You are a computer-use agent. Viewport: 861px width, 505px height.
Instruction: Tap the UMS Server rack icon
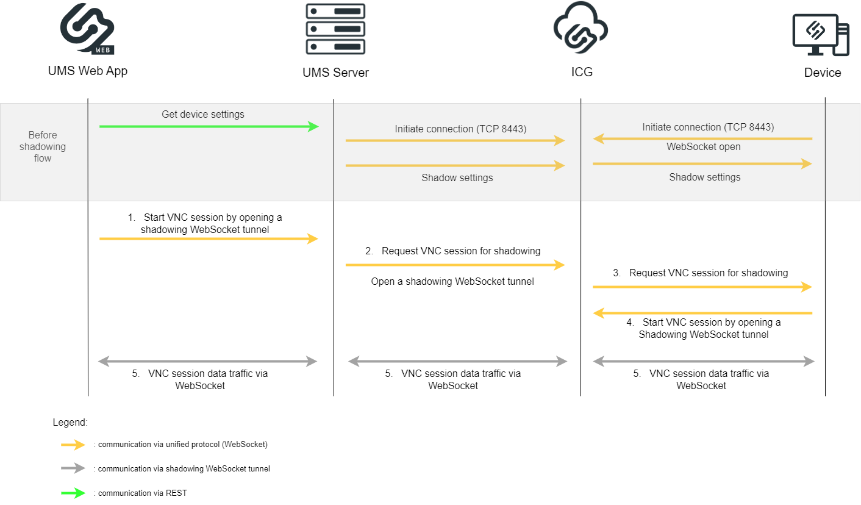(335, 29)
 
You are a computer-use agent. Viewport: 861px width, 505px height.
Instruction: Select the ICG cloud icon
(580, 29)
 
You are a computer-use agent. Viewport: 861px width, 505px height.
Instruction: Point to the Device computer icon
(821, 34)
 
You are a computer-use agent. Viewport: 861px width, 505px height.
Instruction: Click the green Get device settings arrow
(209, 126)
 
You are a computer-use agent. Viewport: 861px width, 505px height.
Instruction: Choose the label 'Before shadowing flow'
(43, 147)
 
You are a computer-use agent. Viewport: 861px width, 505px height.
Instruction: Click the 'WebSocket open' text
(703, 147)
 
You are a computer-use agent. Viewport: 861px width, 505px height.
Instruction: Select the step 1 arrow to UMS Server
(209, 239)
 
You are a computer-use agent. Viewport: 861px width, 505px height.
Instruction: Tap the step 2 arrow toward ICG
(455, 265)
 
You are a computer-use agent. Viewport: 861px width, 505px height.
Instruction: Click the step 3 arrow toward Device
(702, 287)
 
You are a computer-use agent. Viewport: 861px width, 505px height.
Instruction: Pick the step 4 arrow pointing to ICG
(702, 313)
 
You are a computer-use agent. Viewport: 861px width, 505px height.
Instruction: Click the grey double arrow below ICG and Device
(703, 362)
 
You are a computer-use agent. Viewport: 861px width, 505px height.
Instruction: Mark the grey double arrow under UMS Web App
(208, 362)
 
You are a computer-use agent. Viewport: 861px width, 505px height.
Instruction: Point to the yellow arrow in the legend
(73, 445)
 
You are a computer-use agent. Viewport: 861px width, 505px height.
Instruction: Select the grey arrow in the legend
(73, 469)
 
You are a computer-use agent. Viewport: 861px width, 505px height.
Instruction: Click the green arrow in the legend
(73, 493)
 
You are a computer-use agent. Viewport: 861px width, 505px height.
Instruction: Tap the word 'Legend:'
(70, 422)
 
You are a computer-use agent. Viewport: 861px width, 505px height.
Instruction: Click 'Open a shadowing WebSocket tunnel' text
(452, 282)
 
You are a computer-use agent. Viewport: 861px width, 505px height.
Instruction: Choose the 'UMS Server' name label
(335, 73)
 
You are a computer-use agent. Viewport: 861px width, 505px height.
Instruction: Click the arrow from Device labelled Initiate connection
(702, 139)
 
